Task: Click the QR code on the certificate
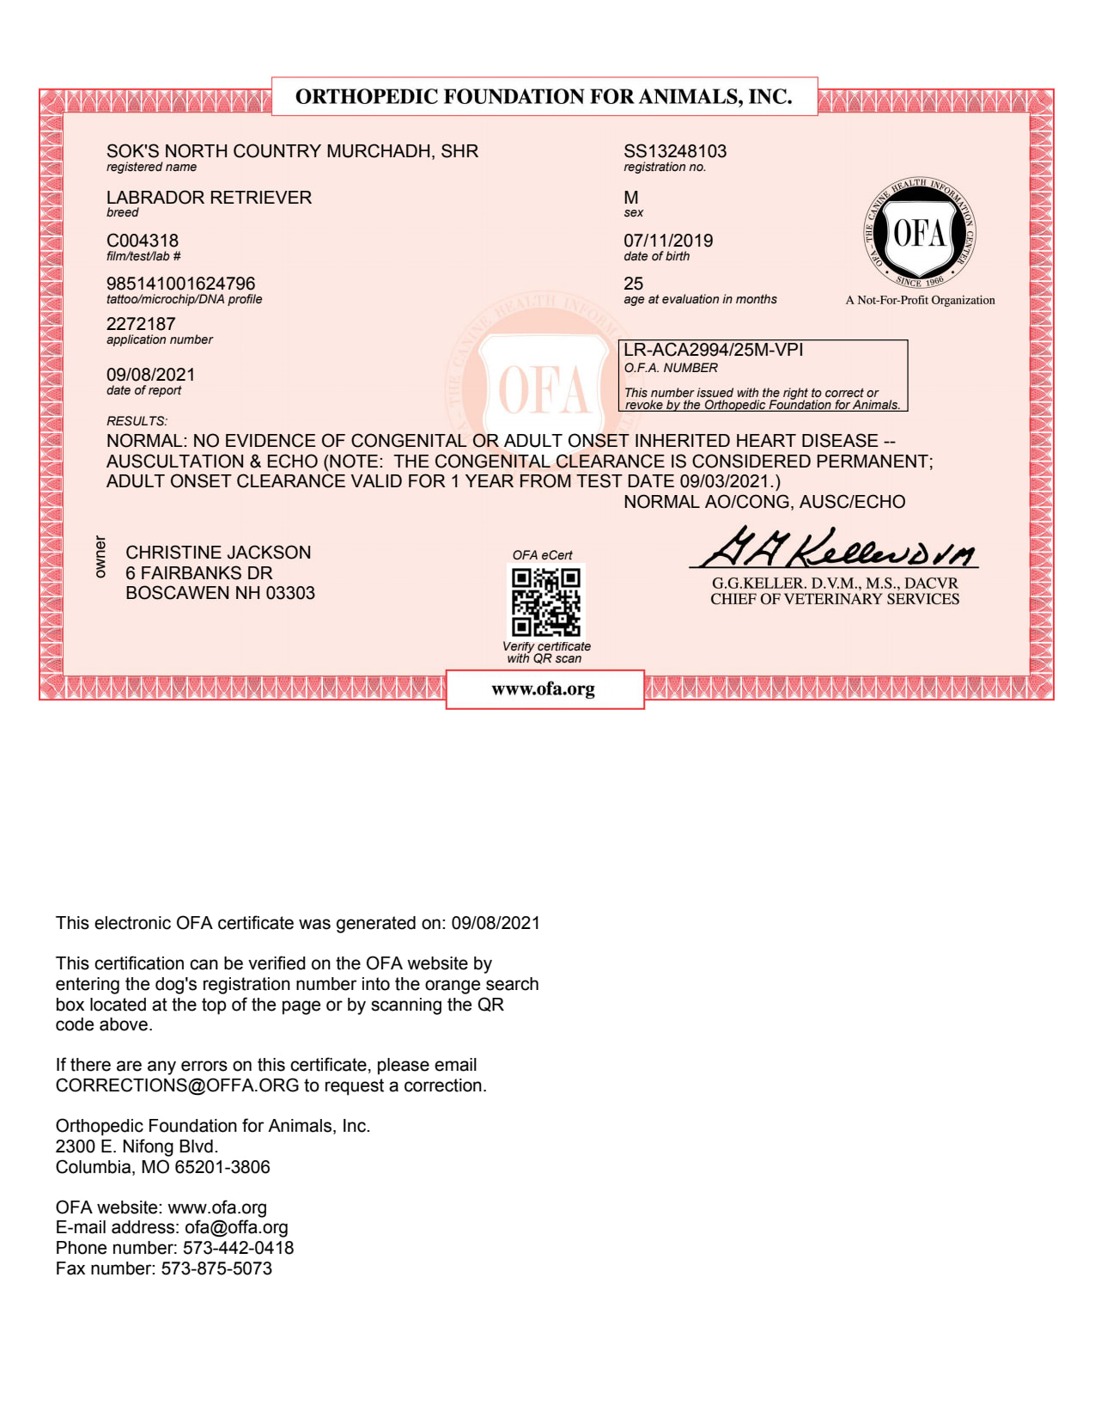545,602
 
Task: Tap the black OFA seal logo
919,234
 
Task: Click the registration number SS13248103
675,151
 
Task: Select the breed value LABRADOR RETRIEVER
209,198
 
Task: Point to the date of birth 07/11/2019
668,241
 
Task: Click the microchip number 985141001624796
181,284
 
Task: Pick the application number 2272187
141,324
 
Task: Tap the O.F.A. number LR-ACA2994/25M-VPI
713,350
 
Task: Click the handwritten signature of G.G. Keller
836,547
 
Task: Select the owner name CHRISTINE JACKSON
218,553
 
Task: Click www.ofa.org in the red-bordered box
544,688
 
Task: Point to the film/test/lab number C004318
143,241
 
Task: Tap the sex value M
631,198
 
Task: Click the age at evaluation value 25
634,284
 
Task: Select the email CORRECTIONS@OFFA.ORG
177,1085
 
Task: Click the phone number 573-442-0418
238,1248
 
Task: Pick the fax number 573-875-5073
216,1268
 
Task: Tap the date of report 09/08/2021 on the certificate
151,375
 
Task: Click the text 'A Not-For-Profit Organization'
920,300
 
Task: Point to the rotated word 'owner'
100,556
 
